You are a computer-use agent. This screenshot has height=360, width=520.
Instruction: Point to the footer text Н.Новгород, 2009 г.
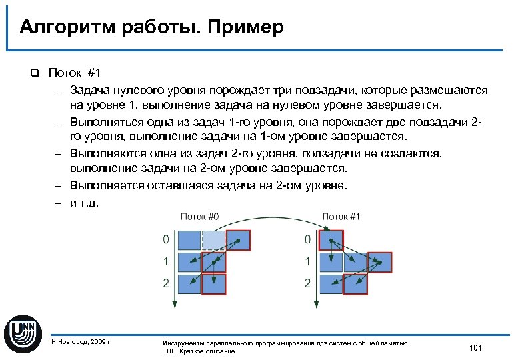[81, 342]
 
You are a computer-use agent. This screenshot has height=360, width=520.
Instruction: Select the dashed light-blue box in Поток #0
[213, 239]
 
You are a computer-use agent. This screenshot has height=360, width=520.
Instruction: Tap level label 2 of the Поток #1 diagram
[307, 283]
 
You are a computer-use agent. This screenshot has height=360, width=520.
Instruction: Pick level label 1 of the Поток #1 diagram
[307, 261]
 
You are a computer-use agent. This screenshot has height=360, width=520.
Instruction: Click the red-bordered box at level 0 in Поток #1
[331, 239]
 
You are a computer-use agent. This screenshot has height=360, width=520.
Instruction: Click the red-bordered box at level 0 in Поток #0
[237, 239]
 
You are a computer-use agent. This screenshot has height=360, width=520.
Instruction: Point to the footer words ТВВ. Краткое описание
[199, 351]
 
